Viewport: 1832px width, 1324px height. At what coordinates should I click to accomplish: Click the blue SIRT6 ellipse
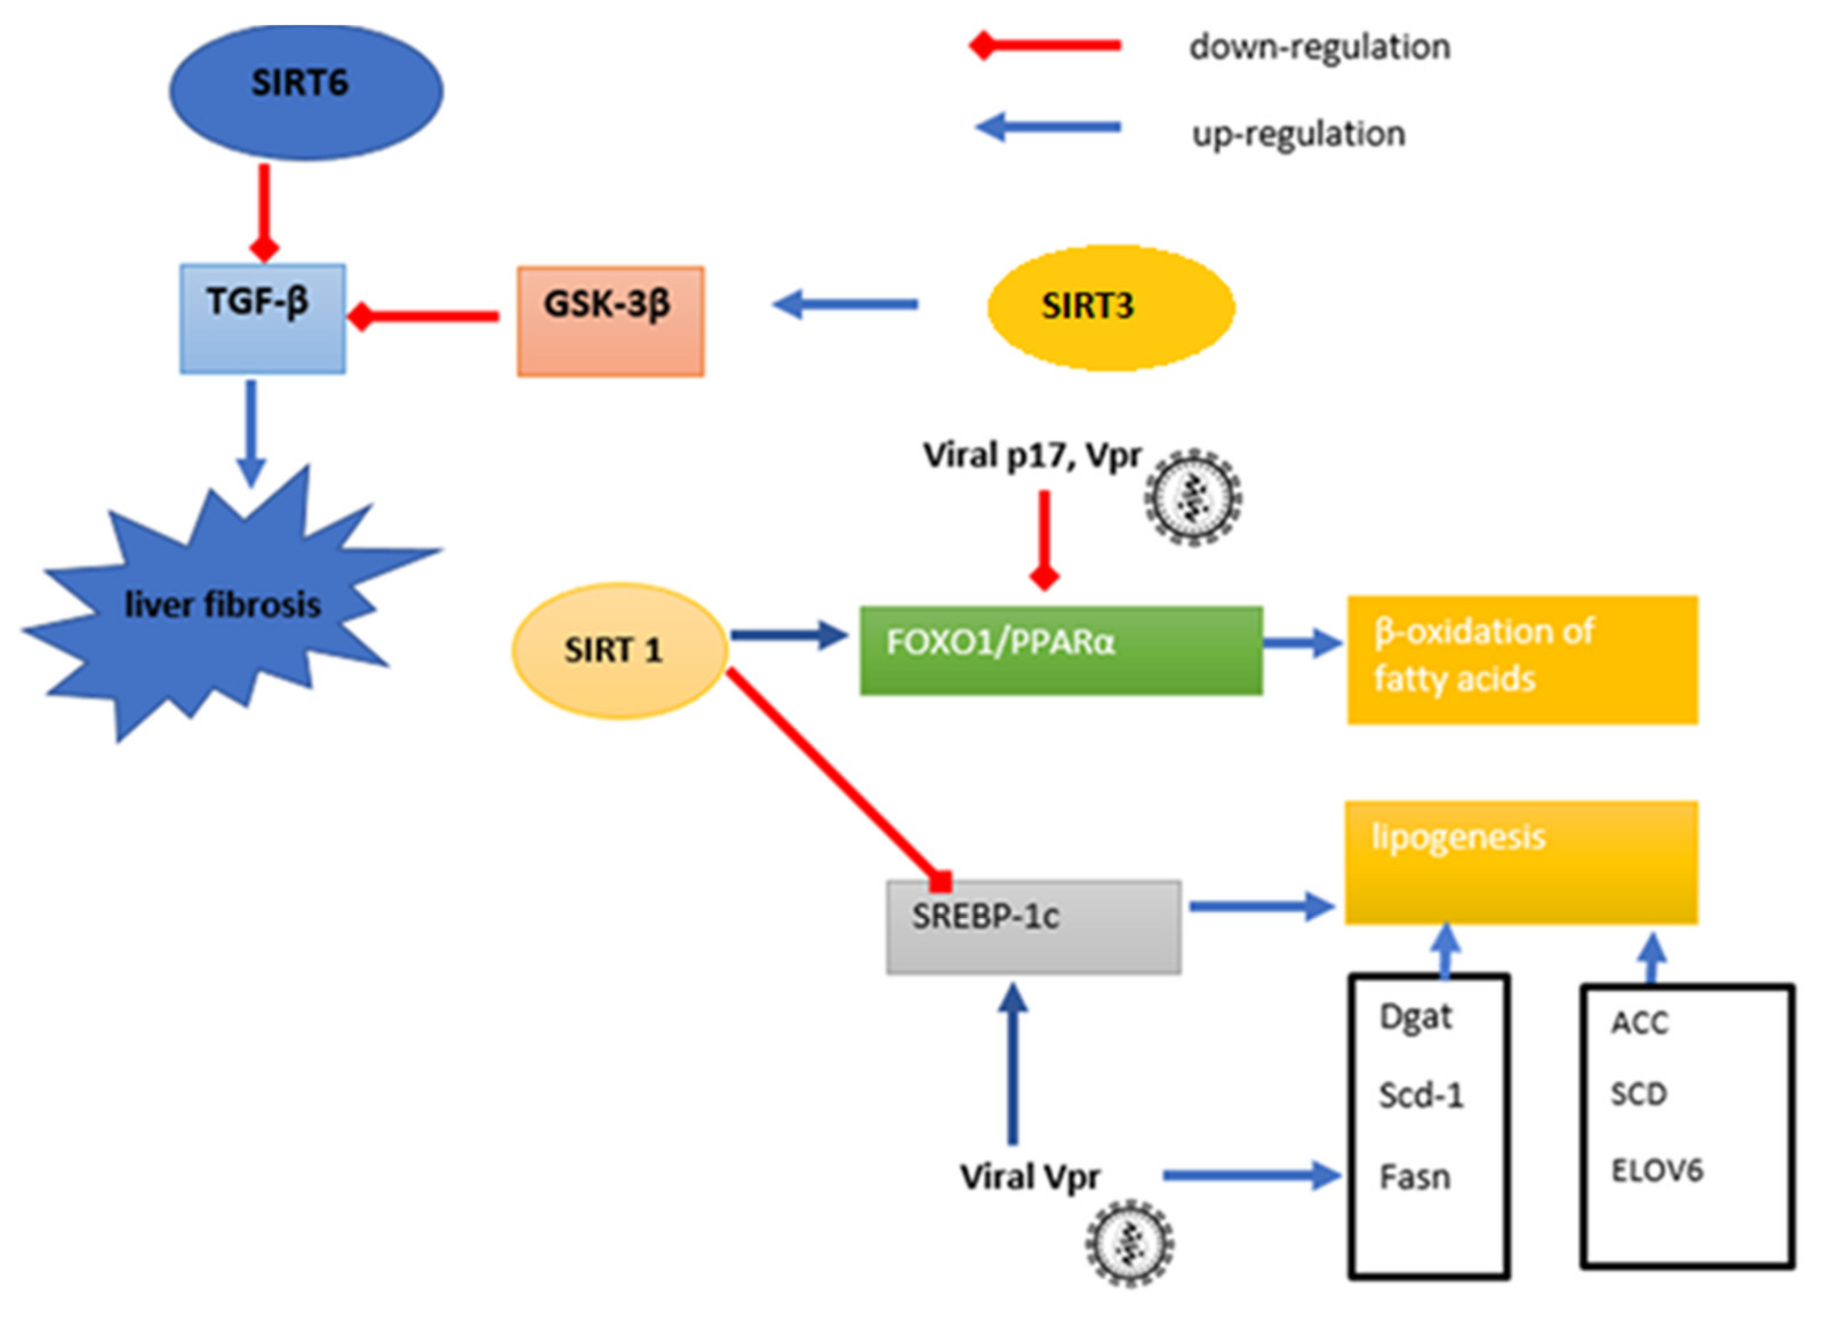click(x=305, y=91)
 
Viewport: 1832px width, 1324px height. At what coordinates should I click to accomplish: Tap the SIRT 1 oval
click(x=620, y=650)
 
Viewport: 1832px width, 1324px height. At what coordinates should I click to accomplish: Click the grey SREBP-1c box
click(x=1033, y=926)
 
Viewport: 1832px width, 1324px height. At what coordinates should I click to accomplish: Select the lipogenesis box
click(x=1520, y=861)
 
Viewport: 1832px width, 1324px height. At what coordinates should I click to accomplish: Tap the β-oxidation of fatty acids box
click(x=1522, y=659)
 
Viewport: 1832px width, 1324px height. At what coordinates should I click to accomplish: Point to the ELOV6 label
click(x=1657, y=1171)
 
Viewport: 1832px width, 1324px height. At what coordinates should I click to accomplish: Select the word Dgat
click(x=1415, y=1017)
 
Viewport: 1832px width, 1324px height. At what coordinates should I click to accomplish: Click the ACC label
click(x=1639, y=1023)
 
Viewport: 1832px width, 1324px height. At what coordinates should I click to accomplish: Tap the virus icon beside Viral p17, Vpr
click(x=1193, y=497)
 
